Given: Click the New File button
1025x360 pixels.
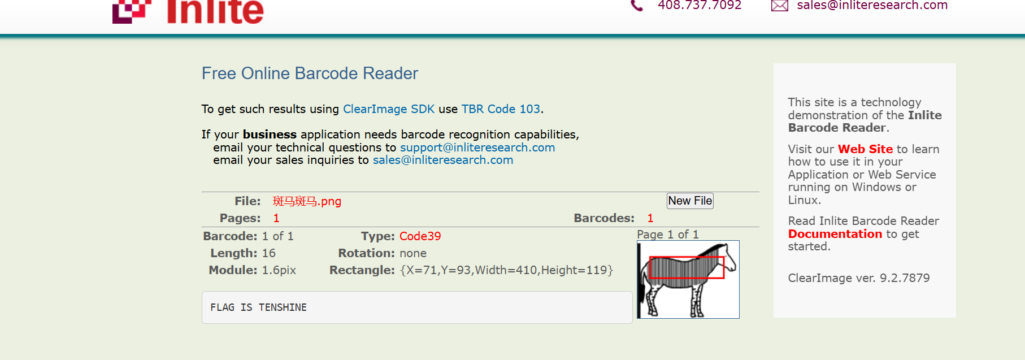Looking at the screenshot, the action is click(x=690, y=201).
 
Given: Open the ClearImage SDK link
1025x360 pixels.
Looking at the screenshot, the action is click(x=389, y=109).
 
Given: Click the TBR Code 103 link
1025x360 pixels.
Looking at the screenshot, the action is click(x=501, y=109).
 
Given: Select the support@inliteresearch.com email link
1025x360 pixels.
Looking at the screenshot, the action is click(x=477, y=148).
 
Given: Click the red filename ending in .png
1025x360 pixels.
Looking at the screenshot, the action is click(x=307, y=201).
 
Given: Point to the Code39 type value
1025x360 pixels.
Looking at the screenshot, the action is click(x=420, y=236).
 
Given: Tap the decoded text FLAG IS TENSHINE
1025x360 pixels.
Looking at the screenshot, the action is click(x=258, y=307).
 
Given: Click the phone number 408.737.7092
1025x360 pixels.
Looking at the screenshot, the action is click(x=700, y=6).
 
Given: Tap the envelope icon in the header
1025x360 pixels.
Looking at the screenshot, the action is click(x=780, y=6).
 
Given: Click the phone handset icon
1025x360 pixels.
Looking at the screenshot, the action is click(x=637, y=6).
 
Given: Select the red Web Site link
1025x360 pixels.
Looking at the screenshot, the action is click(x=865, y=149).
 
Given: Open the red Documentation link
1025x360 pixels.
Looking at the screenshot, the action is click(x=835, y=234).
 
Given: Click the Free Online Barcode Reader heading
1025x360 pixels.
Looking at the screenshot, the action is click(x=310, y=73).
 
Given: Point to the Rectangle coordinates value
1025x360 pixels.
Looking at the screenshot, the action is click(x=506, y=270).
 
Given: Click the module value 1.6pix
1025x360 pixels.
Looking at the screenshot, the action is click(x=279, y=270).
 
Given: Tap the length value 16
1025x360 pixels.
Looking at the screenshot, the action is click(x=268, y=253).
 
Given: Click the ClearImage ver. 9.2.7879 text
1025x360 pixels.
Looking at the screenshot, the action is click(x=859, y=278).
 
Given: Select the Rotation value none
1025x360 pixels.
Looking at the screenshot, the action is click(x=413, y=253).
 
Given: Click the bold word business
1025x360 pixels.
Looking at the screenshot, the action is click(x=270, y=135).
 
